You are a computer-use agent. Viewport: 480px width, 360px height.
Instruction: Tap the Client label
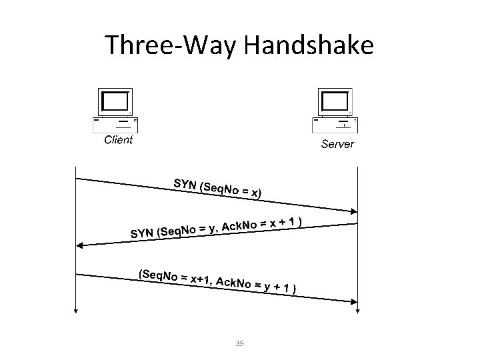pos(118,140)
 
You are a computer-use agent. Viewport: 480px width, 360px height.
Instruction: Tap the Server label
pos(337,144)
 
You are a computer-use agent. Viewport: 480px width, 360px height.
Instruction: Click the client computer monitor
pos(115,101)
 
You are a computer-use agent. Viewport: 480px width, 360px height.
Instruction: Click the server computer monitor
pos(335,101)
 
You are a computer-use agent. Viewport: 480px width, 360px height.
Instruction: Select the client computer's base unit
pos(115,124)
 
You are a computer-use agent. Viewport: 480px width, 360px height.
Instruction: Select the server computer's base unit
pos(335,125)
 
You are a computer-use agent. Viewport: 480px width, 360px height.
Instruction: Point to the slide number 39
pos(240,343)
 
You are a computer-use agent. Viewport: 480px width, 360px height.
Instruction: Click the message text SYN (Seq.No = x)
pos(217,189)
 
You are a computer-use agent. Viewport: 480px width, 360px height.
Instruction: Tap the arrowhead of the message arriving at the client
pos(81,245)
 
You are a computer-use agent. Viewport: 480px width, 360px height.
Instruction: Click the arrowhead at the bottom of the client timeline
pos(77,309)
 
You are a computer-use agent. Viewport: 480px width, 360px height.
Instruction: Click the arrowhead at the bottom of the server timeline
pos(359,309)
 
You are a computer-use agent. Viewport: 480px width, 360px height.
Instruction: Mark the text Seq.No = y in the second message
pos(187,231)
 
